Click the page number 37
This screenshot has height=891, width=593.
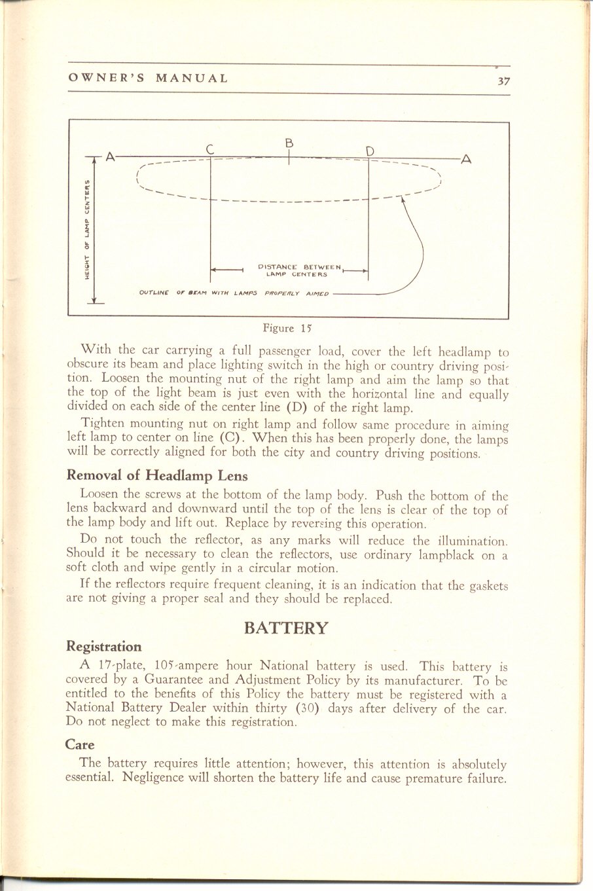pyautogui.click(x=503, y=81)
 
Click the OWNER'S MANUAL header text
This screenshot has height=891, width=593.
pyautogui.click(x=149, y=79)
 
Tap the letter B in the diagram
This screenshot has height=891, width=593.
pyautogui.click(x=289, y=142)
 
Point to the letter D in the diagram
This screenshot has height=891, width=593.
pyautogui.click(x=370, y=151)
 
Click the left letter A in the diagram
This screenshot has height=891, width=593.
pyautogui.click(x=111, y=156)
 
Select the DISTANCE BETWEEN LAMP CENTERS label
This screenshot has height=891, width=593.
pyautogui.click(x=300, y=270)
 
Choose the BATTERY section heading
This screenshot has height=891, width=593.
pyautogui.click(x=286, y=628)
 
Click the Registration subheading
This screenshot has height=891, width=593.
pyautogui.click(x=104, y=647)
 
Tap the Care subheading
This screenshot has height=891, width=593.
pyautogui.click(x=81, y=744)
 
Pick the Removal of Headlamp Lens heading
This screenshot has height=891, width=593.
pyautogui.click(x=158, y=476)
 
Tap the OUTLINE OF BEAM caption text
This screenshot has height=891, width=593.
pyautogui.click(x=234, y=293)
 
